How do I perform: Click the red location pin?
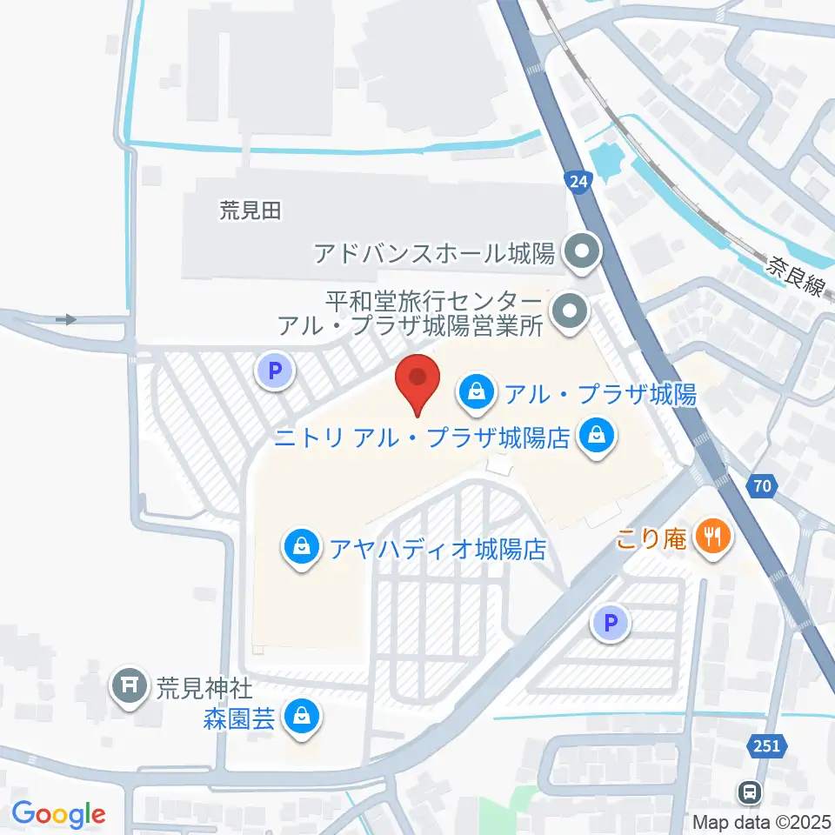coord(417,384)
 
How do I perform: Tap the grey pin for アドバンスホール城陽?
coord(577,254)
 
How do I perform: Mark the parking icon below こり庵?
coord(611,623)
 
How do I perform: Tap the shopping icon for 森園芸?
coord(301,717)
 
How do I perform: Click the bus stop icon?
coord(749,792)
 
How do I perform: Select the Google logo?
coord(58,815)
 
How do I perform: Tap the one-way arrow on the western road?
coord(66,320)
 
